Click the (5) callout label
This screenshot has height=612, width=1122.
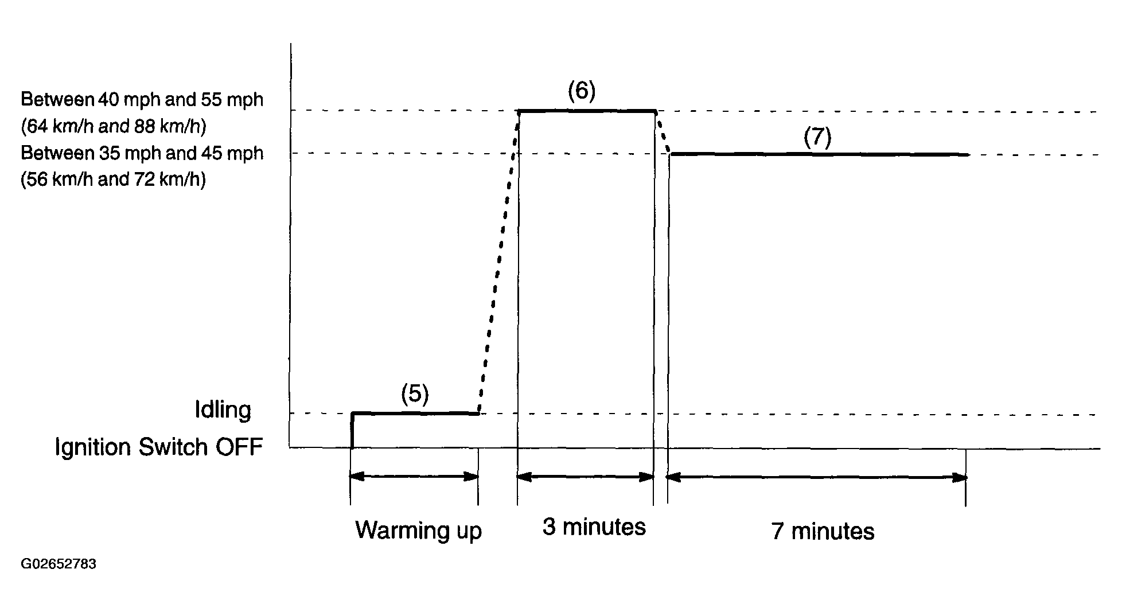[x=414, y=394]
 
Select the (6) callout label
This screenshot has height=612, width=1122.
[x=582, y=91]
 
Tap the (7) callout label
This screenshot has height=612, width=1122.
[x=817, y=138]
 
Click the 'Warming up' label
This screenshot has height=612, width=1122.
[x=418, y=530]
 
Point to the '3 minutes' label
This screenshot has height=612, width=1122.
[x=594, y=527]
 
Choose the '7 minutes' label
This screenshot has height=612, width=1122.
[x=823, y=531]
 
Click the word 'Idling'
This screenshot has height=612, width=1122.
[x=223, y=410]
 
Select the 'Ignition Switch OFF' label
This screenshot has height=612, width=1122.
[x=159, y=447]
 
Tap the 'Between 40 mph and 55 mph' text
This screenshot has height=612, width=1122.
[x=142, y=100]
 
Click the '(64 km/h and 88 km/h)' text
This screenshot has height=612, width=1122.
[x=113, y=126]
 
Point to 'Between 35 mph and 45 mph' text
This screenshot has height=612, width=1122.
[x=142, y=153]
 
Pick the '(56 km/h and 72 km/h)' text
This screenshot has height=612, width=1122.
[x=113, y=180]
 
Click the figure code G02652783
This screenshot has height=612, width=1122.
[x=59, y=564]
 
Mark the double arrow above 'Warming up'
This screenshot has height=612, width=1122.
[x=414, y=477]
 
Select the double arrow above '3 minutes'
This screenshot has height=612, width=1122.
[x=585, y=477]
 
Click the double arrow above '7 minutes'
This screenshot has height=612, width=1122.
[x=817, y=477]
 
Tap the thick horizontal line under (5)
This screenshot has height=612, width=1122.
[x=415, y=413]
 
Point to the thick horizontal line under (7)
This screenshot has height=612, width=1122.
[x=819, y=154]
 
